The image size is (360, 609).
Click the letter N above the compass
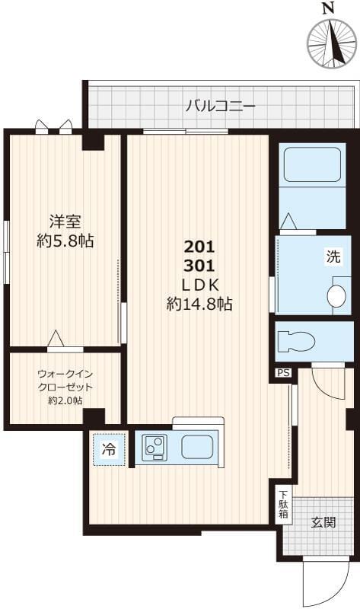(328, 8)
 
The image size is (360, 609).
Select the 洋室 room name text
(65, 223)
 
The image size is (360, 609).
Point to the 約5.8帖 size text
(65, 242)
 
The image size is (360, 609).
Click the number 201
(200, 247)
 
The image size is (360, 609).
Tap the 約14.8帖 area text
(199, 304)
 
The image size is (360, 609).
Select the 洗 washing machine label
(334, 257)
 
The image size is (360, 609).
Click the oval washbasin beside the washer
(336, 296)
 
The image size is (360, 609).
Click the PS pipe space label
(283, 373)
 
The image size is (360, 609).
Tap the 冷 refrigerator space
(109, 449)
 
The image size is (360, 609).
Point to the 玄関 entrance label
(323, 522)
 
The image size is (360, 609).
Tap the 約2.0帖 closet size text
(65, 400)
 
